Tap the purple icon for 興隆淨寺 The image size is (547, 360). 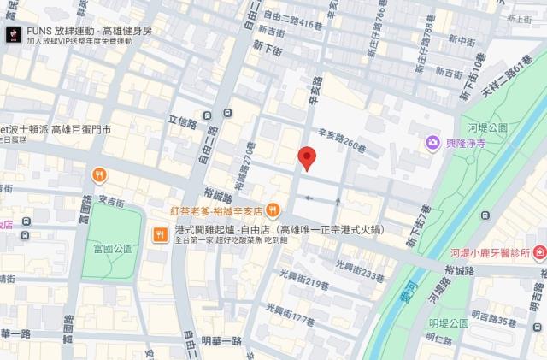(433, 142)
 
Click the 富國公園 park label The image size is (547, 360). (113, 249)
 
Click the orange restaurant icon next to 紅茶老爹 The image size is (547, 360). (273, 210)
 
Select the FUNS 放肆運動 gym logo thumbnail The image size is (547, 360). (13, 34)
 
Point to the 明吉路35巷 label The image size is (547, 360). (497, 322)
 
